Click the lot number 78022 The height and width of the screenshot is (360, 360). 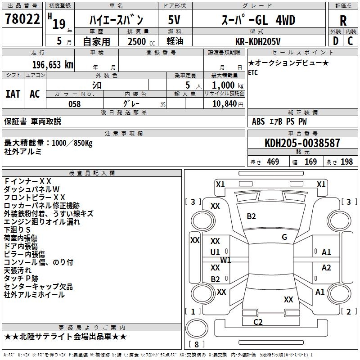pos(22,20)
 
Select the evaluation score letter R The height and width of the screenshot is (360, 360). pos(343,21)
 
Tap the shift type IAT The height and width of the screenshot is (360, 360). pos(13,94)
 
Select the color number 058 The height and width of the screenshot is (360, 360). pos(74,104)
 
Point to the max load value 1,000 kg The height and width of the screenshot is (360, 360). pos(224,85)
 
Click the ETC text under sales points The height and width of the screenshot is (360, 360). pos(253,73)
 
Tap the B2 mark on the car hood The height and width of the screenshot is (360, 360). pos(251,216)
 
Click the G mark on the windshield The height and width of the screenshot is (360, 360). pos(284,237)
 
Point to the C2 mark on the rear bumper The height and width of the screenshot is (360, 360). pos(258,322)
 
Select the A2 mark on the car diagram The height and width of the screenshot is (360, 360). pos(326,268)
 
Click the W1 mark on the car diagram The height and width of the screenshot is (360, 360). pos(225,260)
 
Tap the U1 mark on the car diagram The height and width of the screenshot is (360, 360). pos(215,252)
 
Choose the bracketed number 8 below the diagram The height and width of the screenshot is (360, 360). pos(196,345)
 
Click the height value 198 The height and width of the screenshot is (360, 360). pos(347,162)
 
